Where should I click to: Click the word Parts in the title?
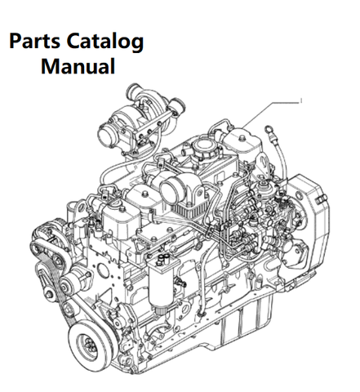pyautogui.click(x=34, y=41)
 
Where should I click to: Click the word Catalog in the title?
pyautogui.click(x=105, y=42)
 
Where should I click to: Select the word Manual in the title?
pyautogui.click(x=78, y=66)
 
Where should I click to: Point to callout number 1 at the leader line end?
pyautogui.click(x=301, y=101)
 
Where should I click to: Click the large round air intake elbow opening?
pyautogui.click(x=171, y=190)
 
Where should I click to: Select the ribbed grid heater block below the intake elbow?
pyautogui.click(x=186, y=209)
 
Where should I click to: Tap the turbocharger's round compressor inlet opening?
pyautogui.click(x=106, y=134)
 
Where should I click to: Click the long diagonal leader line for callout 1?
pyautogui.click(x=270, y=115)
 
